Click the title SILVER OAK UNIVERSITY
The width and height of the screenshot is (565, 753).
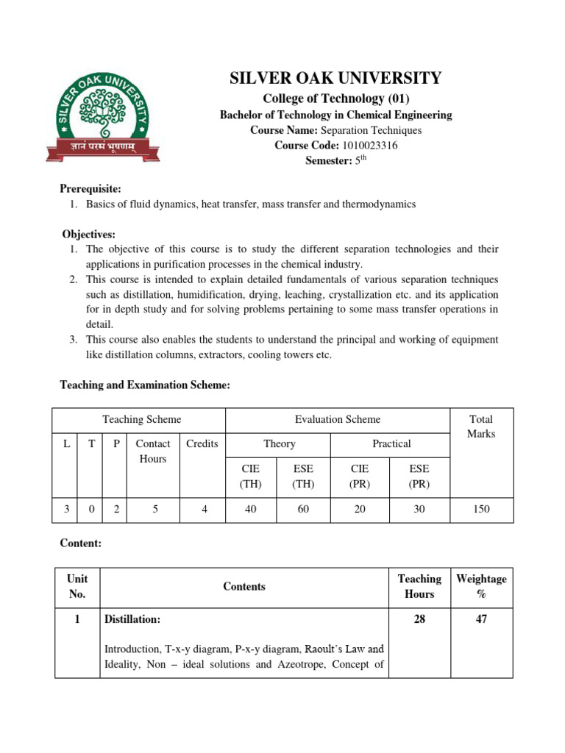click(x=336, y=79)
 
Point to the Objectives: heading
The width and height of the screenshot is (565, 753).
click(x=88, y=235)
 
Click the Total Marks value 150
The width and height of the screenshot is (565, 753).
click(x=481, y=509)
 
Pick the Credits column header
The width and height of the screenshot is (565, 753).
click(x=202, y=443)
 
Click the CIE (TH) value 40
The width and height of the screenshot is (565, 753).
click(x=250, y=509)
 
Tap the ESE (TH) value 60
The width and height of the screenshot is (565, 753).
click(x=303, y=509)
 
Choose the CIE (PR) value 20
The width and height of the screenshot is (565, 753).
click(x=360, y=509)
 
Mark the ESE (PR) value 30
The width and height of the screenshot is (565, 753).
click(x=419, y=509)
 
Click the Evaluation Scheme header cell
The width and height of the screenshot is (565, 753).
click(x=337, y=419)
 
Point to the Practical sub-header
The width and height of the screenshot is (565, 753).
click(x=391, y=443)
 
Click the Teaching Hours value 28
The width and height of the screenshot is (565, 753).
click(x=419, y=620)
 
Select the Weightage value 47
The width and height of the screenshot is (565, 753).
click(x=481, y=620)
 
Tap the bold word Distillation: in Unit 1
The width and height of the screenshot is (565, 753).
click(x=132, y=620)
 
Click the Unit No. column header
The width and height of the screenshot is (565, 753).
click(x=77, y=586)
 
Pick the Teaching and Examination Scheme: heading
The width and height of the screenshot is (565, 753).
click(x=145, y=385)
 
